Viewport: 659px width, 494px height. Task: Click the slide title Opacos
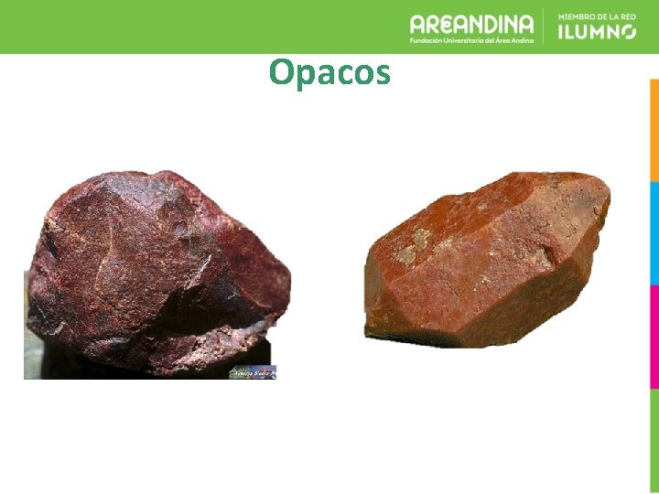tap(329, 72)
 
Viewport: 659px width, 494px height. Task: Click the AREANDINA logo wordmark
tap(471, 24)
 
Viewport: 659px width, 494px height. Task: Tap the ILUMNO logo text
tap(597, 31)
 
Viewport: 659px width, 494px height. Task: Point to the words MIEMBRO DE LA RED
tap(597, 16)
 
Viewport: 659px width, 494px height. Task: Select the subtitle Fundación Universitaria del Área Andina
tap(471, 40)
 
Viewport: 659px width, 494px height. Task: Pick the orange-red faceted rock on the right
tap(485, 256)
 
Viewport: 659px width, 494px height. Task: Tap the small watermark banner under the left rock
tap(253, 371)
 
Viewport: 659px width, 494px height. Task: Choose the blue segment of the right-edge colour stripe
tap(654, 233)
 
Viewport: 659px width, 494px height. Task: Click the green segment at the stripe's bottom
tap(654, 439)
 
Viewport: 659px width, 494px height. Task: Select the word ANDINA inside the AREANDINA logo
tap(499, 24)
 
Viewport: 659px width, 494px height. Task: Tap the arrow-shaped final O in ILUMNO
tap(627, 31)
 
